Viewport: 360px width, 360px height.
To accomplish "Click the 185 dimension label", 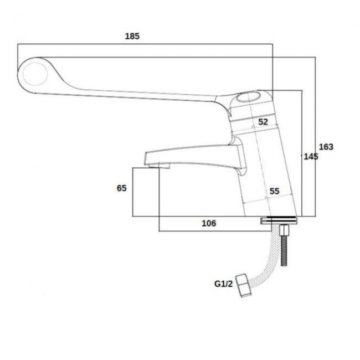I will click(132, 36).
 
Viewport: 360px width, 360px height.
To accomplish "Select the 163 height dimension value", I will click(327, 147).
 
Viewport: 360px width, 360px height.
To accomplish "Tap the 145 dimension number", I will click(310, 157).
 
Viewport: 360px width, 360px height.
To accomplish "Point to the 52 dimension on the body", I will click(263, 122).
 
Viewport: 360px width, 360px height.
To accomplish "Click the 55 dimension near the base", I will click(274, 191).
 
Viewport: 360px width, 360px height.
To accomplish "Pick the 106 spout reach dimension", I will click(208, 223).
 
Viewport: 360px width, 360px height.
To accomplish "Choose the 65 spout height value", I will click(122, 188).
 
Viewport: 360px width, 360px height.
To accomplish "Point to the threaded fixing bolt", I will click(286, 249).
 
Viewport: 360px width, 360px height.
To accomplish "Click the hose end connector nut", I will click(243, 285).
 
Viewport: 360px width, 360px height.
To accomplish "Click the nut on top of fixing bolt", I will click(286, 229).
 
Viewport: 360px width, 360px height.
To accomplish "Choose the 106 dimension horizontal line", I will click(222, 231).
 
